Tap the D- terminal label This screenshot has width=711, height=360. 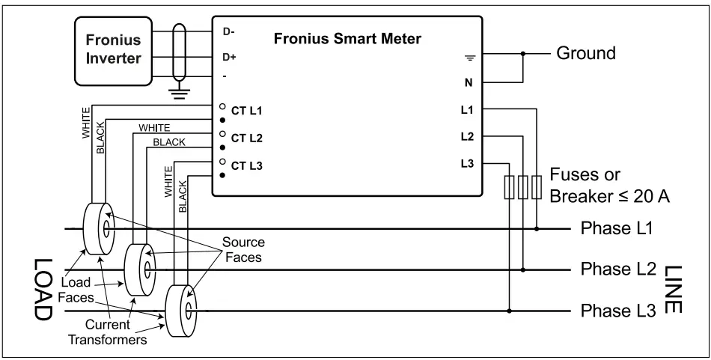tap(228, 31)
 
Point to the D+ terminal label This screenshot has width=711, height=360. tap(229, 57)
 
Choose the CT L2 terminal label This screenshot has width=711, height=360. tap(246, 139)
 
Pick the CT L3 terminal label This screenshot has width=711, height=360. tap(246, 165)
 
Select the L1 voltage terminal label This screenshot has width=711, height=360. tap(467, 110)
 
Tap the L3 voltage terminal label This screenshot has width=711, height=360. tap(467, 164)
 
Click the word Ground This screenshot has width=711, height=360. tap(585, 54)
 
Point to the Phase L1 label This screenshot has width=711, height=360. tap(617, 228)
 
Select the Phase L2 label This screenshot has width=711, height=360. tap(617, 269)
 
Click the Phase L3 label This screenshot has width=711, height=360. tap(617, 309)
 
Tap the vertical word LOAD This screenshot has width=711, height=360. tap(41, 290)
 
